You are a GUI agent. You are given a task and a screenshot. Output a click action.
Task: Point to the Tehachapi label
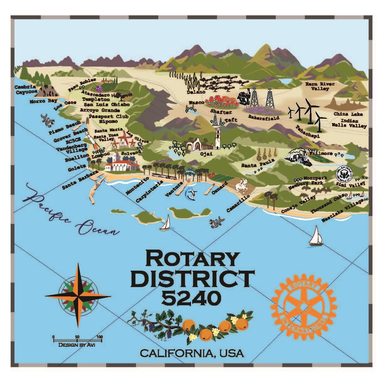click(x=307, y=132)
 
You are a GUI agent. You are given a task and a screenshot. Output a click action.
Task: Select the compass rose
click(x=78, y=296)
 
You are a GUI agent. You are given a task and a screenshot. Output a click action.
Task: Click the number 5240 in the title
click(x=192, y=297)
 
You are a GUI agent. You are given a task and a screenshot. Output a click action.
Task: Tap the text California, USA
click(x=192, y=353)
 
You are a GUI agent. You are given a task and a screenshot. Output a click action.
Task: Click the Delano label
click(x=196, y=92)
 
